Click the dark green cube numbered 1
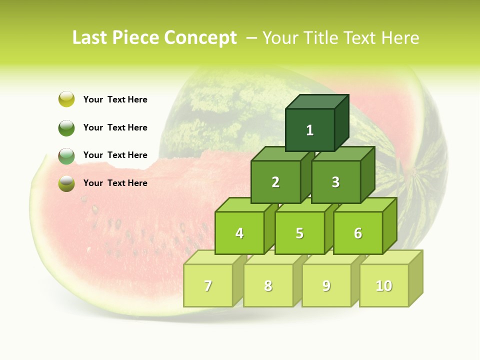(x=310, y=130)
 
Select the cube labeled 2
(x=275, y=182)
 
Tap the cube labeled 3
(x=335, y=182)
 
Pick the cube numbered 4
(x=239, y=233)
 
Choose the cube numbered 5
(x=299, y=233)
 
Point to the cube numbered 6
(x=358, y=233)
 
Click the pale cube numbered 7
(x=208, y=285)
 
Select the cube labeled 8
(x=268, y=285)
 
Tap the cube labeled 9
(x=326, y=285)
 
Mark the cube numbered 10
(x=384, y=285)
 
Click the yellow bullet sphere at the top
(x=66, y=99)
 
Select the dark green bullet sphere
(x=66, y=127)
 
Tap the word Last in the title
(x=90, y=38)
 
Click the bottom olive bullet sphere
(x=66, y=183)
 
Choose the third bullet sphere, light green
(x=66, y=155)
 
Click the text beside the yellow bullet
(x=115, y=99)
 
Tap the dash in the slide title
(x=252, y=38)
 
